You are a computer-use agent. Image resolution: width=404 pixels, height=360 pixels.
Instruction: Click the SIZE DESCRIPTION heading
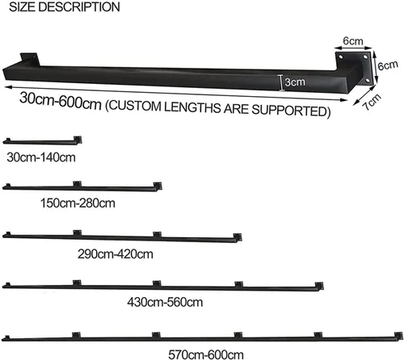[65, 6]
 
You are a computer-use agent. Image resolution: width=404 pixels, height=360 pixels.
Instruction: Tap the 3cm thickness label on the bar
[295, 82]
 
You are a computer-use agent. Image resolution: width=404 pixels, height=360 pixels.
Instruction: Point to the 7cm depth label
[372, 102]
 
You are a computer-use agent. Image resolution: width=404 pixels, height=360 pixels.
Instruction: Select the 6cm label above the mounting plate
[353, 41]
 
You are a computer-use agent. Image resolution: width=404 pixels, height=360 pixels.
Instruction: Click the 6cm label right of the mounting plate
[388, 65]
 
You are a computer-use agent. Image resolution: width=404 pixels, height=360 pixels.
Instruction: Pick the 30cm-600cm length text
[61, 101]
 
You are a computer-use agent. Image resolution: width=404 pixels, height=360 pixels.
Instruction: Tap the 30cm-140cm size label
[41, 157]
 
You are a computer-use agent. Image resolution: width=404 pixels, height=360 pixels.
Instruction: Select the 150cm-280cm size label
[78, 203]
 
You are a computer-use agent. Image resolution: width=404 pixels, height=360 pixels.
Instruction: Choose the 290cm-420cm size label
[116, 254]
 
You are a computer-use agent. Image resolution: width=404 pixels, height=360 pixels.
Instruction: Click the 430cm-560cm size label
[165, 303]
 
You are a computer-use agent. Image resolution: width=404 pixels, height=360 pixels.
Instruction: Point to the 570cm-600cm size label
[206, 354]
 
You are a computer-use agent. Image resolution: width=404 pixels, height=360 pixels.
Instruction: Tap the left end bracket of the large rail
[30, 59]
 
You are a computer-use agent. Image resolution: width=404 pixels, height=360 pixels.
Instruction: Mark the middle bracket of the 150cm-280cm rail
[78, 184]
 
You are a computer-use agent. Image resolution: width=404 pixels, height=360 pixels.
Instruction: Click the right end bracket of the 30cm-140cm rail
[78, 140]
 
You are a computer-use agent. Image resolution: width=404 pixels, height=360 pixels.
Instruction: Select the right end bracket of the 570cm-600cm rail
[398, 336]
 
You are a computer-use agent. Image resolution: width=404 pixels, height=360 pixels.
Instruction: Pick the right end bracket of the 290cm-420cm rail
[238, 237]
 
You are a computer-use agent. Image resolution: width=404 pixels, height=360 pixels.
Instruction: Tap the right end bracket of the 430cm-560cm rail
[319, 286]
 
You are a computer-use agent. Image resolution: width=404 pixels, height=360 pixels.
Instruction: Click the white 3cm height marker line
[281, 83]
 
